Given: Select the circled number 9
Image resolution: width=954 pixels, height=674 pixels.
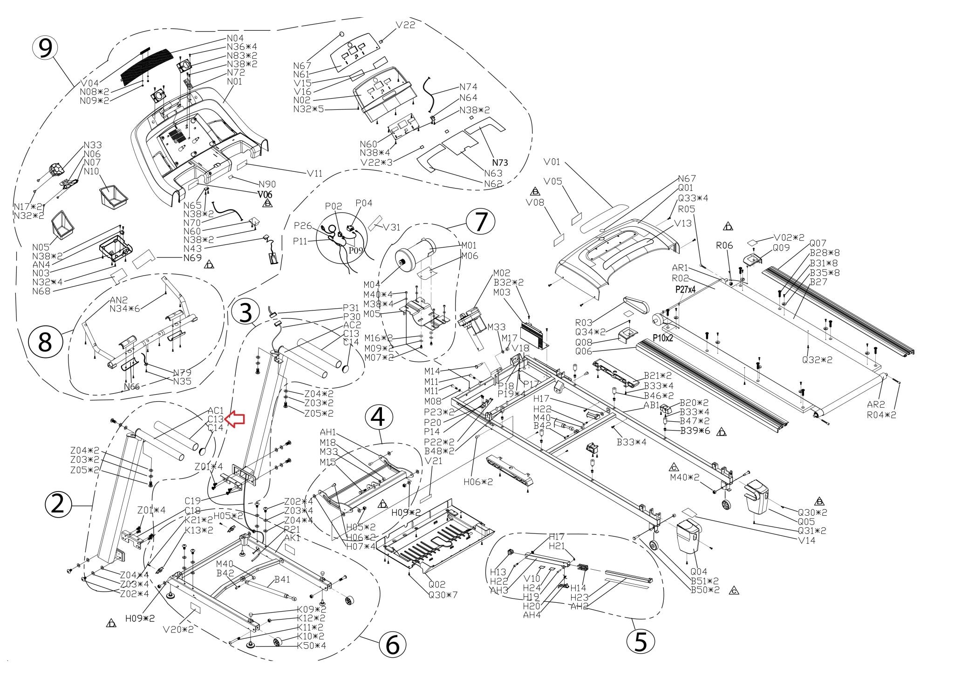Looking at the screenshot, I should click(x=45, y=49).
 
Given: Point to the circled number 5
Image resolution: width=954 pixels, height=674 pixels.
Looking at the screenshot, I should click(x=641, y=641).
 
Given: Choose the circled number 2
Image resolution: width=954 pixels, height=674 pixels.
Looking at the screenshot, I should click(x=58, y=505).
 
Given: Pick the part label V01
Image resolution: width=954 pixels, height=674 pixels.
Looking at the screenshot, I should click(x=552, y=162).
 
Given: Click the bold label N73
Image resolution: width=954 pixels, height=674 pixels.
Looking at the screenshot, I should click(x=500, y=162).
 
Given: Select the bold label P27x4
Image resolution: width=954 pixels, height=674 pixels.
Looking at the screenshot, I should click(x=685, y=290).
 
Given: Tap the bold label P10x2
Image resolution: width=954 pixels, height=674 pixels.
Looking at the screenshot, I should click(x=662, y=338).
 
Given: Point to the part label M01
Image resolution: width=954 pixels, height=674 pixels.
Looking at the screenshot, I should click(x=469, y=245).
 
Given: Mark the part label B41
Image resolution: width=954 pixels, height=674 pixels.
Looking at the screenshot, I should click(x=282, y=580).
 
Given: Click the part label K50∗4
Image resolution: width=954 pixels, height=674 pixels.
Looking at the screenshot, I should click(x=312, y=646).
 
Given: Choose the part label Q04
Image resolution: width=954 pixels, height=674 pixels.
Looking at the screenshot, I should click(x=699, y=572).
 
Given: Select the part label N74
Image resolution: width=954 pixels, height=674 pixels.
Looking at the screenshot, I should click(x=468, y=87).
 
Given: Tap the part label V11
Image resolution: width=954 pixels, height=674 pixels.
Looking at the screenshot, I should click(x=314, y=173).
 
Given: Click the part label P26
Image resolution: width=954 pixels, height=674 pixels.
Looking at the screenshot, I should click(x=303, y=226).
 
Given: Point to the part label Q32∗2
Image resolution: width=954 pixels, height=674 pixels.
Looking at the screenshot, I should click(x=817, y=360).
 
